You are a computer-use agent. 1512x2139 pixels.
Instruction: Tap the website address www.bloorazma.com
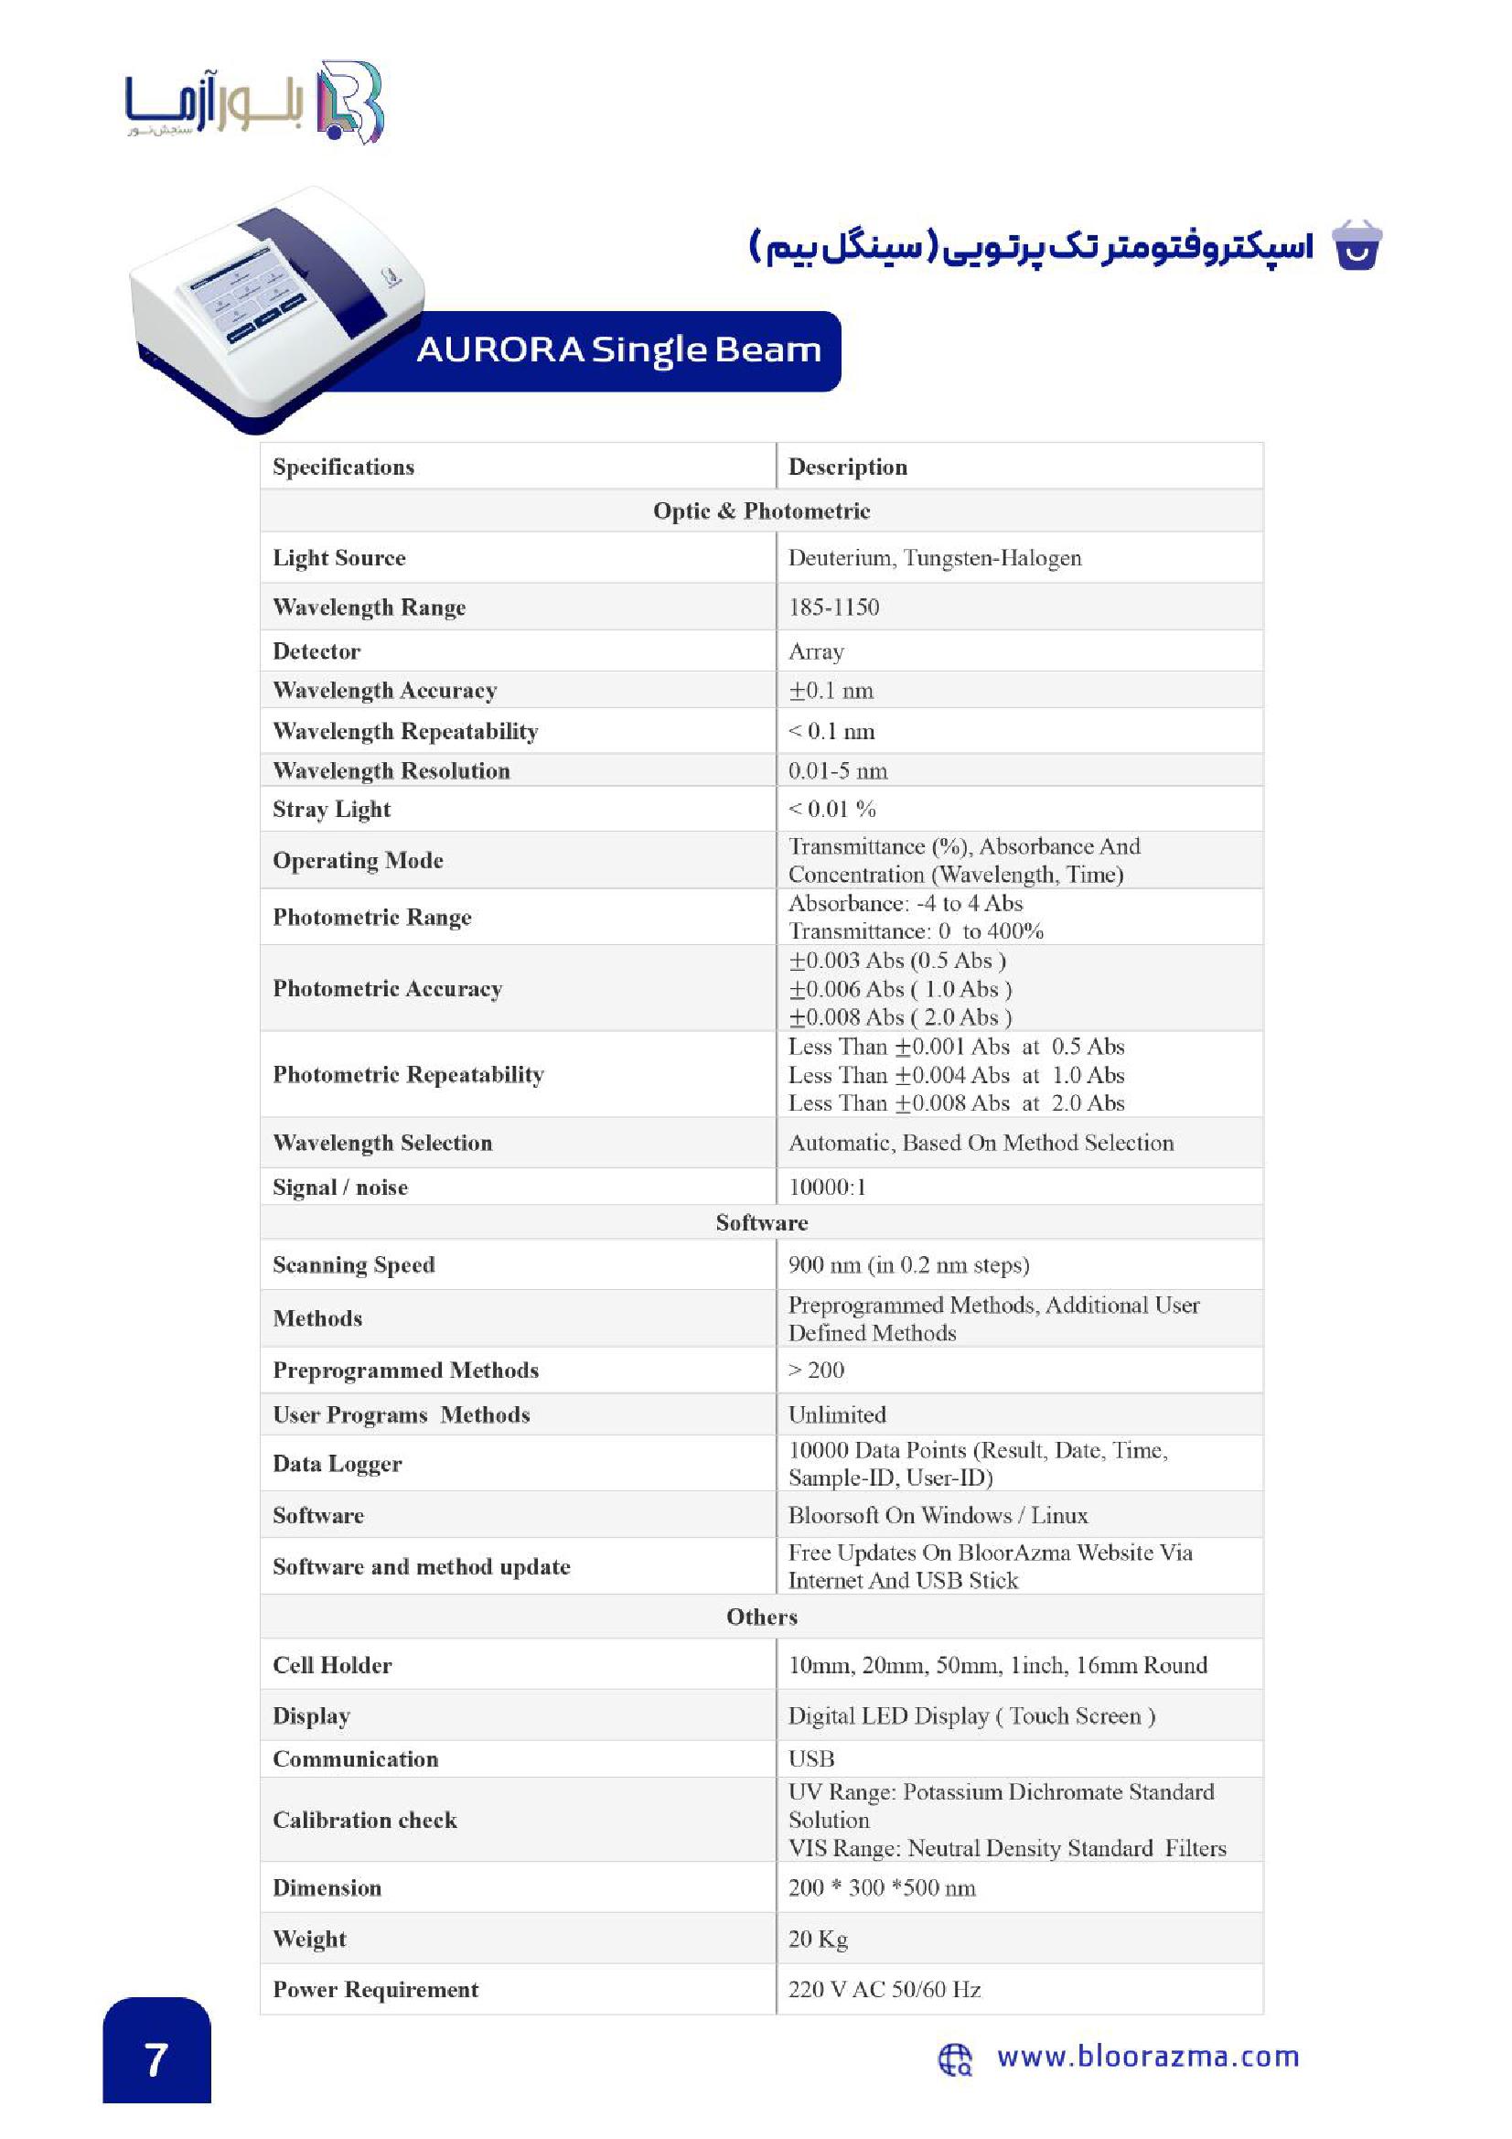pyautogui.click(x=1147, y=2056)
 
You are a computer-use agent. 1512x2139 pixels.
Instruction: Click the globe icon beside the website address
pyautogui.click(x=954, y=2058)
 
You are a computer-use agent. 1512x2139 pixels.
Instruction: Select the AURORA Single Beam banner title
pyautogui.click(x=618, y=350)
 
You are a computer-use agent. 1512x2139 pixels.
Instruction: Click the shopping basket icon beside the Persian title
pyautogui.click(x=1357, y=246)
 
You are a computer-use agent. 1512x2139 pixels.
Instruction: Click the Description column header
pyautogui.click(x=847, y=467)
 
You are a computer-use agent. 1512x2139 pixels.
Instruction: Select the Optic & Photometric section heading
pyautogui.click(x=761, y=511)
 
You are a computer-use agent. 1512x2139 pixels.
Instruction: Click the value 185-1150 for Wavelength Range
pyautogui.click(x=833, y=607)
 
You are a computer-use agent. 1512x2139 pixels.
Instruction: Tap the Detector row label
pyautogui.click(x=316, y=651)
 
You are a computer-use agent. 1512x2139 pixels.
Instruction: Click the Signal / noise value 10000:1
pyautogui.click(x=826, y=1187)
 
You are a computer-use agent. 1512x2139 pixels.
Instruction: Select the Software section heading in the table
pyautogui.click(x=761, y=1222)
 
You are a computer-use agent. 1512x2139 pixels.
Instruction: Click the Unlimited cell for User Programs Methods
pyautogui.click(x=837, y=1414)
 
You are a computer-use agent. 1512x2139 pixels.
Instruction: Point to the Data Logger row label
pyautogui.click(x=337, y=1464)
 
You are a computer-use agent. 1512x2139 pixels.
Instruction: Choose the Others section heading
pyautogui.click(x=761, y=1617)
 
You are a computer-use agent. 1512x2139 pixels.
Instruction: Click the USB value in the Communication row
pyautogui.click(x=810, y=1758)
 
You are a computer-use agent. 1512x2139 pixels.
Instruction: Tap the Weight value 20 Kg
pyautogui.click(x=817, y=1939)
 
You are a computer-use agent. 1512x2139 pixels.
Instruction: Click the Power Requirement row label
pyautogui.click(x=374, y=1989)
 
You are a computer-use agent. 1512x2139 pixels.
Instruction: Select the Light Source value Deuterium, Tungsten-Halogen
pyautogui.click(x=935, y=558)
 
